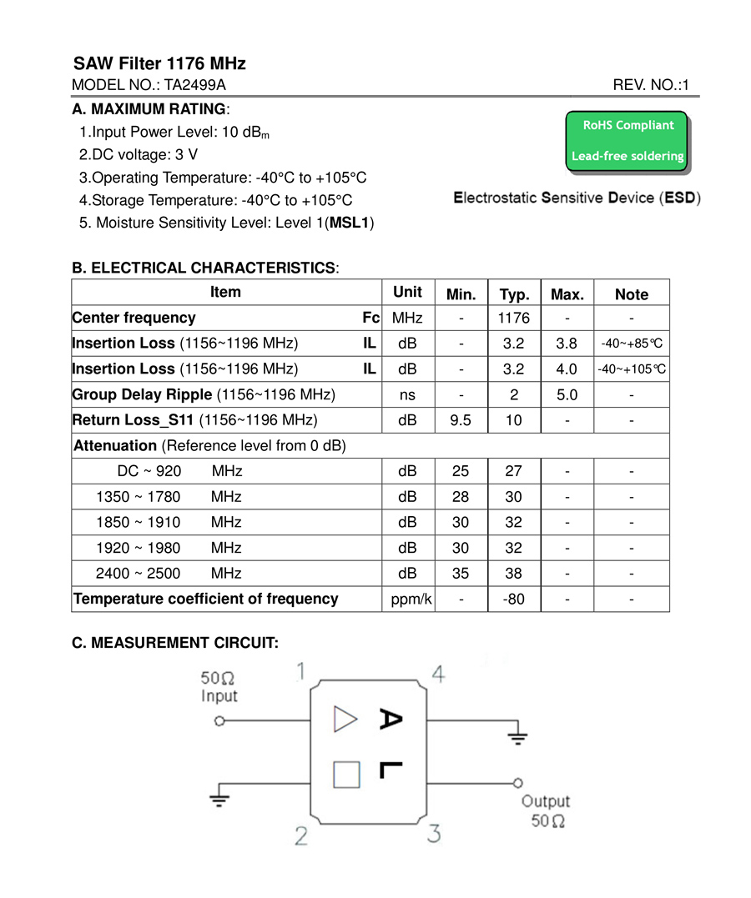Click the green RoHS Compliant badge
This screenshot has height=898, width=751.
627,141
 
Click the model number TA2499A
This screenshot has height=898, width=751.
194,85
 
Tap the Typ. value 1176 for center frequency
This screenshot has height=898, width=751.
514,318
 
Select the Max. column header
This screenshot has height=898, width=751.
567,293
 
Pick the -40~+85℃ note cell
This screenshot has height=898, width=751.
632,344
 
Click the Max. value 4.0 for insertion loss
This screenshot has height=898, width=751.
567,369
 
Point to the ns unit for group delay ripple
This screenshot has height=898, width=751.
407,394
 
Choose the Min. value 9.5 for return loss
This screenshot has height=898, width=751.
460,420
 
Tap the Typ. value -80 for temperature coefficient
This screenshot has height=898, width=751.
514,599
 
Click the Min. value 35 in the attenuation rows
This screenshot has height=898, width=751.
460,573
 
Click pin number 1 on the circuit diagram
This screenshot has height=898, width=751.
300,672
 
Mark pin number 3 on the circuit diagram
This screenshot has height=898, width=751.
434,833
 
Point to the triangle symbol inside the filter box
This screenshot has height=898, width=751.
345,719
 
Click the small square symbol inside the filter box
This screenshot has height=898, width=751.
346,775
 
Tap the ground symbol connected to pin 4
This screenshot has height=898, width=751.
518,736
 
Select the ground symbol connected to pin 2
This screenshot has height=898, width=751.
219,799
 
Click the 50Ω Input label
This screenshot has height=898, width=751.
219,687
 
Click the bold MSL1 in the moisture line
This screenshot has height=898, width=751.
350,223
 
